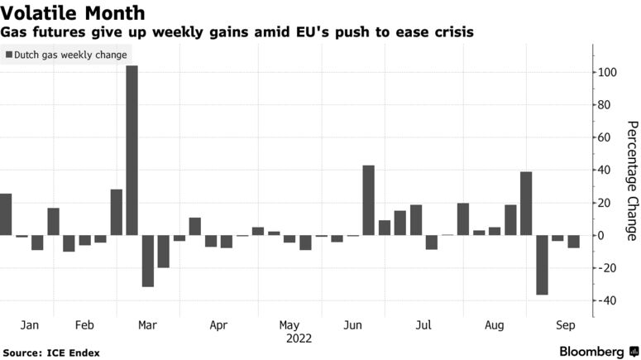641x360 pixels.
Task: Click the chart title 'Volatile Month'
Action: pyautogui.click(x=74, y=13)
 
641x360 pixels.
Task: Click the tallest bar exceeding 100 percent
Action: pyautogui.click(x=132, y=149)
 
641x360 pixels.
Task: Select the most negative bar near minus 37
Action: pyautogui.click(x=542, y=265)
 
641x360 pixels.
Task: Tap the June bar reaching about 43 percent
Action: pyautogui.click(x=368, y=200)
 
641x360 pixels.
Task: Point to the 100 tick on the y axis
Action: pyautogui.click(x=608, y=73)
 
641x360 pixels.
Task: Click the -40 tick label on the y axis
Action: pyautogui.click(x=608, y=300)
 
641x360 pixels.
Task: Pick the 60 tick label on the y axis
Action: pyautogui.click(x=606, y=137)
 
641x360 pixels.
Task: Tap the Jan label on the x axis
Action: pyautogui.click(x=29, y=326)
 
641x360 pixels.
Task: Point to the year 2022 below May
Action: pyautogui.click(x=299, y=338)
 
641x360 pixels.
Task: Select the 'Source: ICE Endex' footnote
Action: pyautogui.click(x=50, y=353)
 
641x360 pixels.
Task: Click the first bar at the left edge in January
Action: pyautogui.click(x=6, y=214)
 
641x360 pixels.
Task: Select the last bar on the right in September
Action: pyautogui.click(x=573, y=242)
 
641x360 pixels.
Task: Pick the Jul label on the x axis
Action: pyautogui.click(x=423, y=326)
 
